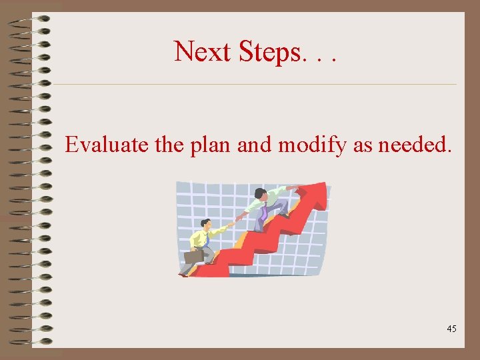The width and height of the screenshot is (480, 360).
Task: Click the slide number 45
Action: (x=451, y=329)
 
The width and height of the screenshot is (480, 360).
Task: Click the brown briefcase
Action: (x=193, y=255)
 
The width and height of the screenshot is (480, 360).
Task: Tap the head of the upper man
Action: (x=261, y=193)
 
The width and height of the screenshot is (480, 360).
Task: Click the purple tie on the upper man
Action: (x=265, y=213)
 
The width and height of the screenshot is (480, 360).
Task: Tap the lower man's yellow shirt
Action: (x=199, y=239)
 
